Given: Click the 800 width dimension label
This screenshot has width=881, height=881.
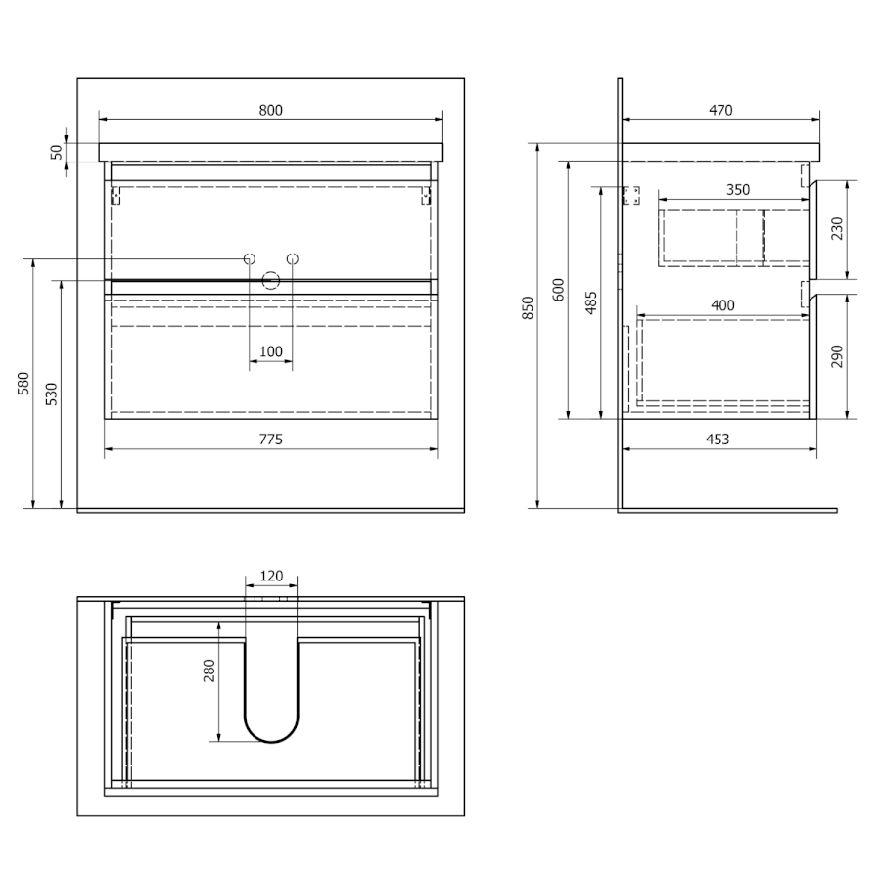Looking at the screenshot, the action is pyautogui.click(x=271, y=110).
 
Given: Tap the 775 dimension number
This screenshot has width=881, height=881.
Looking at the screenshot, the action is pyautogui.click(x=271, y=440).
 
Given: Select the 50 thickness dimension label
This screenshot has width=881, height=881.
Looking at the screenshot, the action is pyautogui.click(x=57, y=153).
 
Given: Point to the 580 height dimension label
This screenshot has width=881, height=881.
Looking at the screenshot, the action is pyautogui.click(x=23, y=383).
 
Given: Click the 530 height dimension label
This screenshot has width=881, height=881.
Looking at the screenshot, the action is pyautogui.click(x=51, y=394).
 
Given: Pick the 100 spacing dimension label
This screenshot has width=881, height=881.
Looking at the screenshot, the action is pyautogui.click(x=271, y=351).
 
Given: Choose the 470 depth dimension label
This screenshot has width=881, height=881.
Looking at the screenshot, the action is pyautogui.click(x=720, y=110).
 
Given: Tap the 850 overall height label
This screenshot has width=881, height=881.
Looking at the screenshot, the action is pyautogui.click(x=528, y=308).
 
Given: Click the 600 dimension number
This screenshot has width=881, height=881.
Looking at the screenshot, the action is pyautogui.click(x=558, y=290).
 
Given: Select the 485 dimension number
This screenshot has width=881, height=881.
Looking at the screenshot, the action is pyautogui.click(x=590, y=302).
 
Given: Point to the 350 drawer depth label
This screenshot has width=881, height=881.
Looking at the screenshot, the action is pyautogui.click(x=738, y=190).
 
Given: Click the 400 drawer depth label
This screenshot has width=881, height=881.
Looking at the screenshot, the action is pyautogui.click(x=722, y=305).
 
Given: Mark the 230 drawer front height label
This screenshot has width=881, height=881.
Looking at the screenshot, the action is pyautogui.click(x=837, y=229).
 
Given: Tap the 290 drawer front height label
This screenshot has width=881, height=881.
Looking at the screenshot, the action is pyautogui.click(x=837, y=356).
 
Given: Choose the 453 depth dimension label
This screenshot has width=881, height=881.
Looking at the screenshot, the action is pyautogui.click(x=718, y=440).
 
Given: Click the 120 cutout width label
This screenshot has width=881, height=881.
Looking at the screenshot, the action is pyautogui.click(x=271, y=576).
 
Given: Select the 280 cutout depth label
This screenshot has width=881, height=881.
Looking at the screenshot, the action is pyautogui.click(x=209, y=671).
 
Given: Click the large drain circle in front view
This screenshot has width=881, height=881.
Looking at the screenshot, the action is pyautogui.click(x=271, y=280).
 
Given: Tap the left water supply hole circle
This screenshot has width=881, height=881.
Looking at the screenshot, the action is pyautogui.click(x=250, y=259).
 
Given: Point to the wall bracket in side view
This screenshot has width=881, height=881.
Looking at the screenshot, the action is pyautogui.click(x=631, y=196).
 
